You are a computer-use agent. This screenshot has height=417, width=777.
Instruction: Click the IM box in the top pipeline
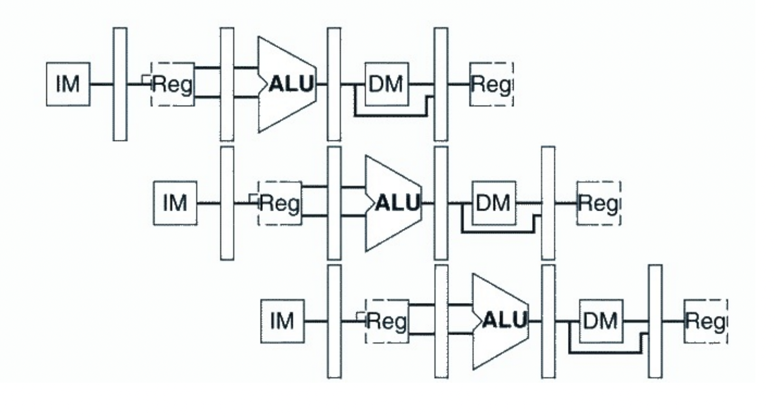[x=68, y=84]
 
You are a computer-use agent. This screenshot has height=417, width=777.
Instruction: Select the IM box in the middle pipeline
[x=175, y=203]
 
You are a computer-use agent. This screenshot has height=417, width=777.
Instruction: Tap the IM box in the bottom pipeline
[x=282, y=321]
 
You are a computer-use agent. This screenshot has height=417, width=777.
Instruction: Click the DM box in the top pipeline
[x=387, y=84]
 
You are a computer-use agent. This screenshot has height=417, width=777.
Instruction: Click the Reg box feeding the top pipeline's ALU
[x=173, y=84]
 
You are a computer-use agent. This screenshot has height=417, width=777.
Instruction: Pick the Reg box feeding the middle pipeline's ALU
[x=280, y=203]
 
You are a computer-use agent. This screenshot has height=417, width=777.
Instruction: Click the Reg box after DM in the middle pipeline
[x=599, y=203]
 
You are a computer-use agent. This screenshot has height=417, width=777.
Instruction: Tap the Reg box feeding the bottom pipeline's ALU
[x=387, y=321]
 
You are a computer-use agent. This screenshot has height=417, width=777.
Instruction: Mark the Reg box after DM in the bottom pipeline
[x=706, y=321]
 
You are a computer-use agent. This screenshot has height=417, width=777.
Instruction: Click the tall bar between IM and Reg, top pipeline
[x=120, y=84]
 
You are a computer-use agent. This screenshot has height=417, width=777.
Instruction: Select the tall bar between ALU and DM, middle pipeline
[x=441, y=203]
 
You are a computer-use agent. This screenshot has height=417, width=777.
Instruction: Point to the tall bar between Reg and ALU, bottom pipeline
[x=441, y=321]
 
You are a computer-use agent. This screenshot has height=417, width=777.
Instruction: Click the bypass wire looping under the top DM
[x=391, y=115]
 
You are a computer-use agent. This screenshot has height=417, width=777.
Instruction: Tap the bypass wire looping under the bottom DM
[x=604, y=353]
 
